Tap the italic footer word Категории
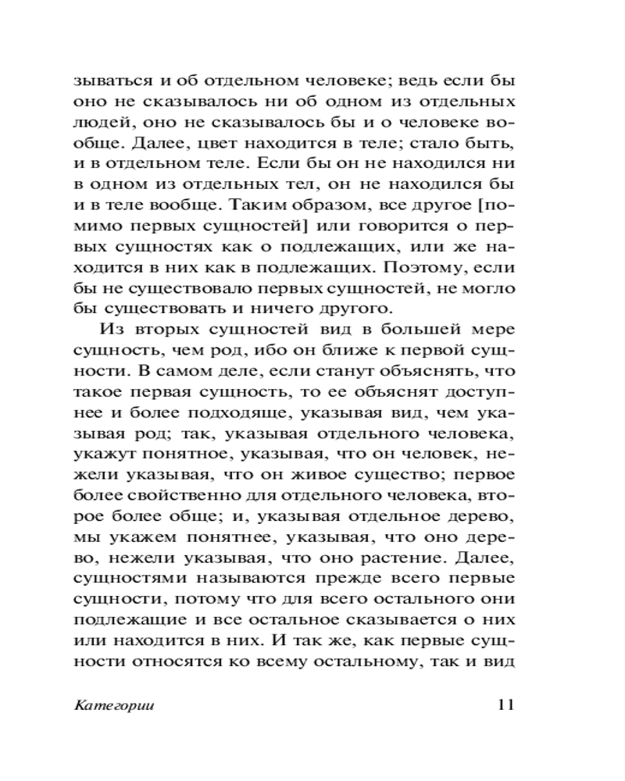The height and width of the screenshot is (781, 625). tap(113, 705)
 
